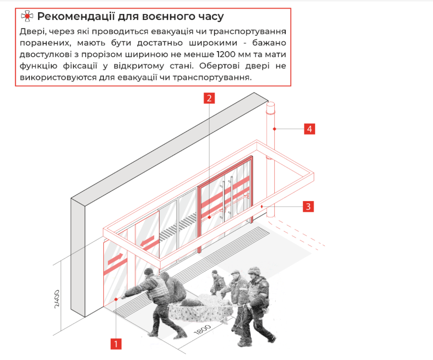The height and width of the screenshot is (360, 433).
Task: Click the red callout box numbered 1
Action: point(116,344)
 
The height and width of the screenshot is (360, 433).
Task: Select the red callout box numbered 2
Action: point(209,98)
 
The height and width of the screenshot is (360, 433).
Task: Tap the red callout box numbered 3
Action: point(309,206)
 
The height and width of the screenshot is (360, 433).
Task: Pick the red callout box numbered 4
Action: point(309,129)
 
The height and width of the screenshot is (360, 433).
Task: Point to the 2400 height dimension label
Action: point(57,299)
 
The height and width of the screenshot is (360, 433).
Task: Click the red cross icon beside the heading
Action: point(27,16)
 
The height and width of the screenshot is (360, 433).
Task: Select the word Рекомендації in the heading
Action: point(76,16)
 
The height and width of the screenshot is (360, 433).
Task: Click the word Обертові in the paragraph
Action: point(219,66)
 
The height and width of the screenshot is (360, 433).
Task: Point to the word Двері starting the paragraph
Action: point(33,32)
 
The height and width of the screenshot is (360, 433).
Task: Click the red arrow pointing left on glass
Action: point(147,241)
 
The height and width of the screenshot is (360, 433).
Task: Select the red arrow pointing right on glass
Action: point(116,259)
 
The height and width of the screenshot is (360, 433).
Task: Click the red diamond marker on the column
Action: point(274,129)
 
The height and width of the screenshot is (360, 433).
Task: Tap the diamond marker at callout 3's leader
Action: point(262,206)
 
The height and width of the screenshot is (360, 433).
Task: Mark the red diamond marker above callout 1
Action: point(116,299)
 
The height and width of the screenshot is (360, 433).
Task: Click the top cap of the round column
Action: point(270,104)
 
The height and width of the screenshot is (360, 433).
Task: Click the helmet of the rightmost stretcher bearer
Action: point(254,271)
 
